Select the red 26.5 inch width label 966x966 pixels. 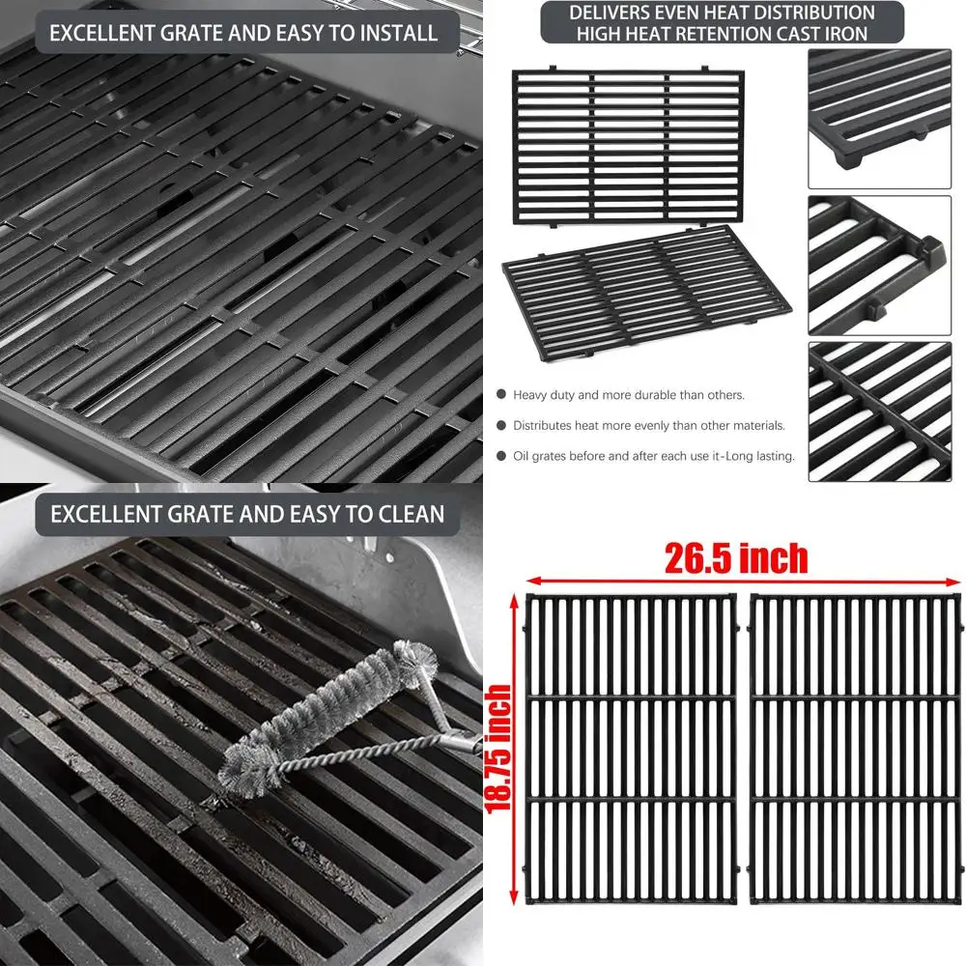(736, 557)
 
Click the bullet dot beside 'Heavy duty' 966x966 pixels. (500, 395)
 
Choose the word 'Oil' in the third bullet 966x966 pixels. (523, 456)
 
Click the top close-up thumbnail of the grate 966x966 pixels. (879, 118)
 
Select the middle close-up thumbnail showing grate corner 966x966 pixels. (879, 265)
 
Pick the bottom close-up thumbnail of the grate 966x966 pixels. (879, 412)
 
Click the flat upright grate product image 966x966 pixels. (629, 148)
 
